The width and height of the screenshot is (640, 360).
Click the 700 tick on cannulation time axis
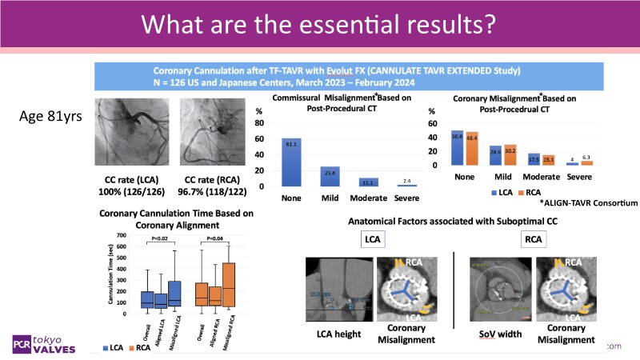coord(121,235)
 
